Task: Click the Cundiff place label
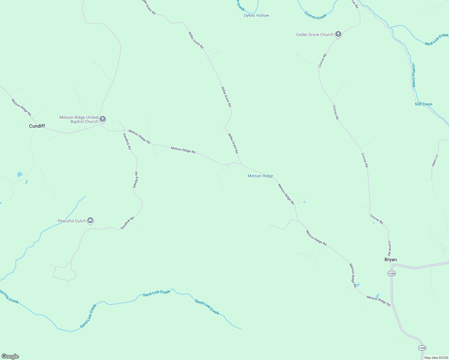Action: pyautogui.click(x=37, y=126)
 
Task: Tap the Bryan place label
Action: pyautogui.click(x=390, y=259)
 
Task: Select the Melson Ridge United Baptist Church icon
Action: pyautogui.click(x=103, y=119)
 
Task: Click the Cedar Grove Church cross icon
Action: pyautogui.click(x=338, y=34)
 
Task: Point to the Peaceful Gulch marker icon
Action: pyautogui.click(x=90, y=221)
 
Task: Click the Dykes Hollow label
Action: pyautogui.click(x=256, y=15)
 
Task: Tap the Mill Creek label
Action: pyautogui.click(x=423, y=104)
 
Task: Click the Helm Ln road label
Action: pyautogui.click(x=435, y=161)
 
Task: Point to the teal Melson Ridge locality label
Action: pyautogui.click(x=260, y=176)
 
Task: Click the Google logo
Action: pyautogui.click(x=10, y=356)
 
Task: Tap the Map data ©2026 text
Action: pyautogui.click(x=436, y=358)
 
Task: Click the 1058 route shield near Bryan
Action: pyautogui.click(x=391, y=273)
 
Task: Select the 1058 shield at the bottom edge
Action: pyautogui.click(x=422, y=348)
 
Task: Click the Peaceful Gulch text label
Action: pyautogui.click(x=72, y=221)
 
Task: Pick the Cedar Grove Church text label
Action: pyautogui.click(x=315, y=34)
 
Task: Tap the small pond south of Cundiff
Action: pyautogui.click(x=20, y=174)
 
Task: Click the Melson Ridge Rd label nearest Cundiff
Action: pyautogui.click(x=21, y=107)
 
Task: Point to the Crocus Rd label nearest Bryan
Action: pyautogui.click(x=390, y=248)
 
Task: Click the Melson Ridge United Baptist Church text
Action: pyautogui.click(x=79, y=119)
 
